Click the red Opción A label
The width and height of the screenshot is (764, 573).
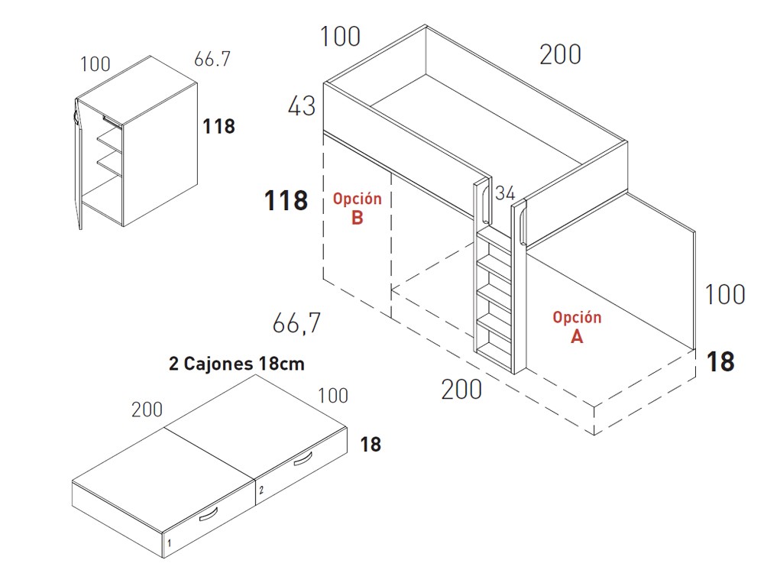click(577, 326)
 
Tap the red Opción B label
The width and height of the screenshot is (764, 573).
click(357, 208)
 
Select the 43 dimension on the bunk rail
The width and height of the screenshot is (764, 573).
click(302, 106)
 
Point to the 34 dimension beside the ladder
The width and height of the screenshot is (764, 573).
click(505, 193)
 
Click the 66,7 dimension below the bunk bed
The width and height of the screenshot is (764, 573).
click(296, 323)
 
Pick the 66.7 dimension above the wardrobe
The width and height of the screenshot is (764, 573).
click(212, 59)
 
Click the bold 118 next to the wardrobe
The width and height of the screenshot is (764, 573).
click(219, 127)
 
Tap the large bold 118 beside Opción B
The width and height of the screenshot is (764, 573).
click(286, 200)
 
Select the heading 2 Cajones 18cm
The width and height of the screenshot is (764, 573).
click(237, 364)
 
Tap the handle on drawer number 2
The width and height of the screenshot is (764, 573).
click(303, 459)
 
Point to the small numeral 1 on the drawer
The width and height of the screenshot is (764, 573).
click(169, 542)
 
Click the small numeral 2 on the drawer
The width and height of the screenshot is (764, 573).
click(261, 490)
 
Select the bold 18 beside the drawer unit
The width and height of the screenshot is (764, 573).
click(371, 445)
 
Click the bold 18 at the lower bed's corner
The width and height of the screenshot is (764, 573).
click(720, 362)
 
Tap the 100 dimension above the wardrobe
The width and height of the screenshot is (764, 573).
click(95, 64)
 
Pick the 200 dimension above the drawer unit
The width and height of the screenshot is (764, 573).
click(147, 410)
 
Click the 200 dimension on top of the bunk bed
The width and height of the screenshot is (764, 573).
click(560, 54)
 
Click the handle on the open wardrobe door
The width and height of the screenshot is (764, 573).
click(76, 116)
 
